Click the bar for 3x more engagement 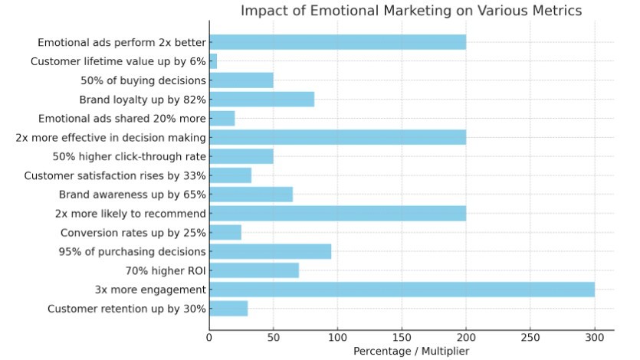[x=402, y=290]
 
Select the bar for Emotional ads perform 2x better [x=337, y=42]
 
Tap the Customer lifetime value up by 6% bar [x=213, y=61]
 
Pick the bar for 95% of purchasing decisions [x=270, y=251]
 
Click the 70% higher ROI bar [x=254, y=270]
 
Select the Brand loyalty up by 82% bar [x=261, y=100]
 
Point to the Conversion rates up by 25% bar [x=225, y=232]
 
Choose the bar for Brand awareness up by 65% [x=251, y=195]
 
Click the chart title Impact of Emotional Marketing [x=411, y=11]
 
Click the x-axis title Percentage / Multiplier [x=411, y=351]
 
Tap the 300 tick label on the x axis [x=594, y=337]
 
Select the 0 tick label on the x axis [x=209, y=337]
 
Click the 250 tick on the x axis [x=530, y=337]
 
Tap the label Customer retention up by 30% [x=126, y=309]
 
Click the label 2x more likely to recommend [x=130, y=214]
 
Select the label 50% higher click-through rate [x=129, y=156]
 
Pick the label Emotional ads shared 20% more [x=122, y=119]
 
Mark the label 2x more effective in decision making [x=111, y=138]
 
